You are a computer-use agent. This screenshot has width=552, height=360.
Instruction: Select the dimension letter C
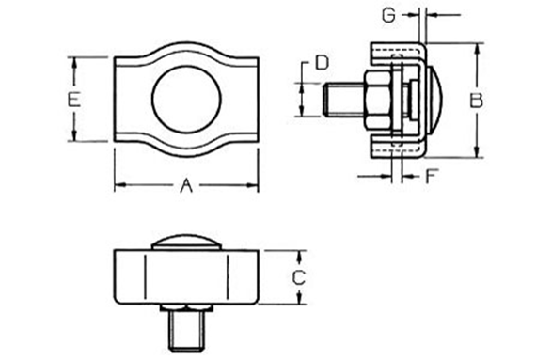click(298, 277)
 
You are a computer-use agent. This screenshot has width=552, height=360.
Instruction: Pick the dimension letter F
click(434, 175)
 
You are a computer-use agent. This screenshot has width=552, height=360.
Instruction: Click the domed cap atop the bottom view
click(185, 241)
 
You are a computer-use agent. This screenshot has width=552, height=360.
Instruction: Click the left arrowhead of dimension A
click(118, 186)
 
